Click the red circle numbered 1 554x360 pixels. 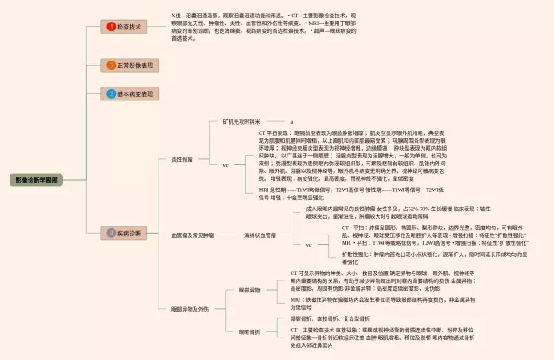click(x=110, y=27)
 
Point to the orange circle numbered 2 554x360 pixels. click(x=110, y=65)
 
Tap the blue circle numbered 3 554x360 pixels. click(x=110, y=93)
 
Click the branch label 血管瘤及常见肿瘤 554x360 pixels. click(x=190, y=235)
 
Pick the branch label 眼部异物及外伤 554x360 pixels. click(x=190, y=308)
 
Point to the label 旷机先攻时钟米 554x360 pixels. click(x=242, y=122)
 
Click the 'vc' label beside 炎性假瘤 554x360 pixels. click(x=226, y=164)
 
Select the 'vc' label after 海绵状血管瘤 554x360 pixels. click(x=308, y=245)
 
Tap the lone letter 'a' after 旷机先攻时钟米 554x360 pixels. click(x=292, y=122)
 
